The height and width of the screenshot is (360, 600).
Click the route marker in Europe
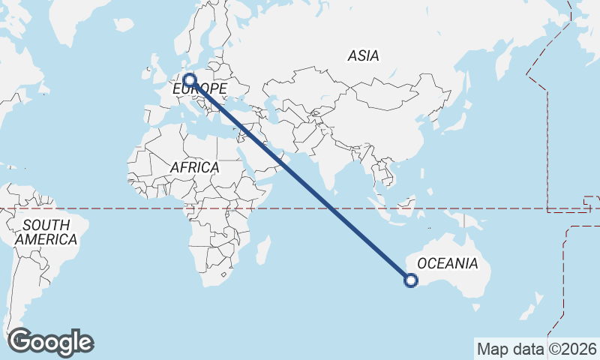(189, 79)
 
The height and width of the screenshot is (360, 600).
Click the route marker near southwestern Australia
(410, 280)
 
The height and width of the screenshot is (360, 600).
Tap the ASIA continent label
(363, 55)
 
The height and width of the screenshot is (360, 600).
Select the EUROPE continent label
(200, 89)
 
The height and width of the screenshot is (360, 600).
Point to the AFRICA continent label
(194, 168)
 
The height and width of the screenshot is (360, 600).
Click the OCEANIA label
(447, 263)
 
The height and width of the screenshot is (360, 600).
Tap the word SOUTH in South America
(46, 225)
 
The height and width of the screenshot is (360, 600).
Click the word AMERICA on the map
(46, 239)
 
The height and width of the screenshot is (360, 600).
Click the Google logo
(50, 342)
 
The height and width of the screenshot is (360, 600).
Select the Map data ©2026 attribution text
(537, 349)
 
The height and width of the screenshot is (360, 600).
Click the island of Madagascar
(262, 249)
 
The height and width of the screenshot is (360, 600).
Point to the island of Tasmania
(475, 306)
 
